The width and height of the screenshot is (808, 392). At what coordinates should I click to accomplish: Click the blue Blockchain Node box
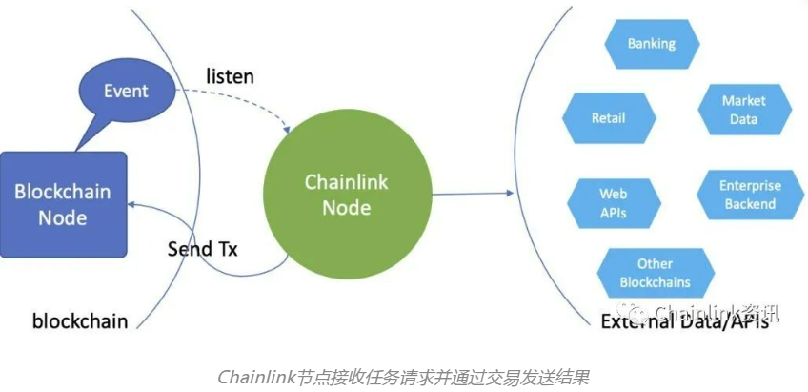[63, 203]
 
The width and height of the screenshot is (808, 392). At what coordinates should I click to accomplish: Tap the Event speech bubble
[126, 93]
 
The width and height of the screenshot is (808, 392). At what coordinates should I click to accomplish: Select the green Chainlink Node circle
[346, 194]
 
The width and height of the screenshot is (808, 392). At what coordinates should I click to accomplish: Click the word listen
[231, 75]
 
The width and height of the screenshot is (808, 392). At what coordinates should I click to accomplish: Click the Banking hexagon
[652, 44]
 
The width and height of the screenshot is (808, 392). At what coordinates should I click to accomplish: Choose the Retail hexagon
[609, 118]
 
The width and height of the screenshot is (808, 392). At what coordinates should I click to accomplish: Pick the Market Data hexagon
[744, 110]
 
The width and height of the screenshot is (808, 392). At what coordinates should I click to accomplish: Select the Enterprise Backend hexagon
[750, 195]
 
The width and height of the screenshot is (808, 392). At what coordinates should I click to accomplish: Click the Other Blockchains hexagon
[655, 273]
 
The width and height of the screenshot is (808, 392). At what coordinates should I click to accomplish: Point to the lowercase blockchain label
[80, 320]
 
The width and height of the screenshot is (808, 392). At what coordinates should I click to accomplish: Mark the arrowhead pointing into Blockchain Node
[132, 203]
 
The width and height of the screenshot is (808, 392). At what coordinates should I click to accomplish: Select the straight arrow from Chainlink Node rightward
[472, 194]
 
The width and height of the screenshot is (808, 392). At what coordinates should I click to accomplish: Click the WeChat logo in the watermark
[632, 312]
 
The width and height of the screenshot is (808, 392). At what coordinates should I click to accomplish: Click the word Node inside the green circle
[346, 207]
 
